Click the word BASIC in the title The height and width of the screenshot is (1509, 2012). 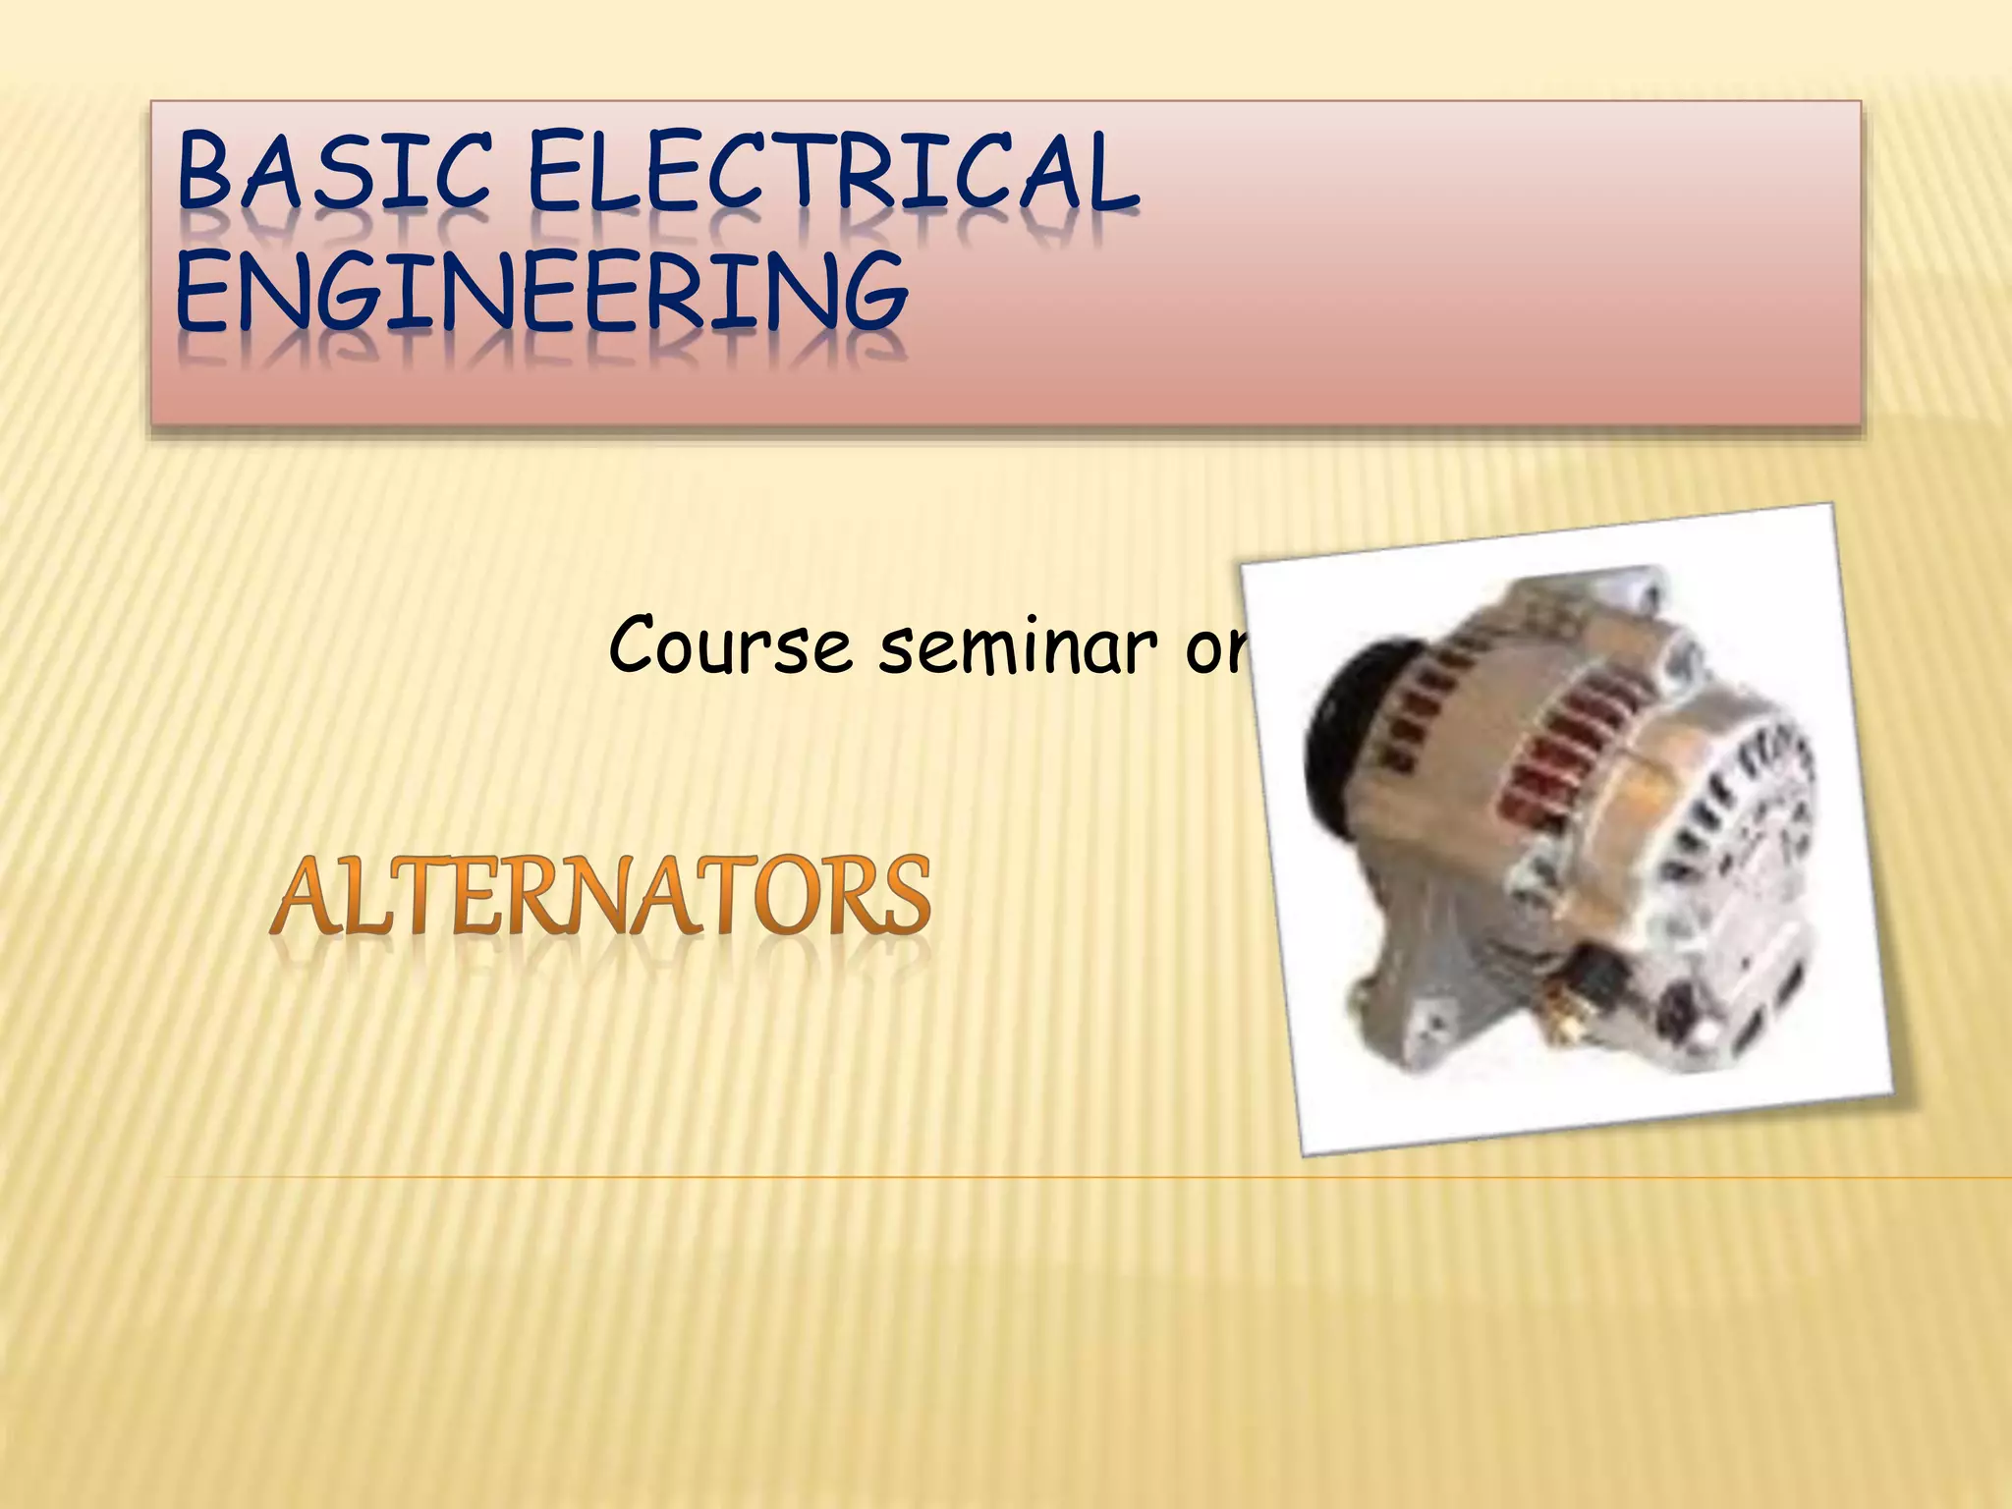(332, 174)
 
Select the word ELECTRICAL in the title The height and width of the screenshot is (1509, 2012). (833, 174)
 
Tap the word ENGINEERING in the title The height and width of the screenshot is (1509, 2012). (540, 292)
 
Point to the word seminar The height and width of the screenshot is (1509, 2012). (1018, 645)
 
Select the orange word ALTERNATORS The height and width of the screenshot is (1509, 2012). (601, 896)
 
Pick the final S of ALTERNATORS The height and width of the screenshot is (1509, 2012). (901, 896)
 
